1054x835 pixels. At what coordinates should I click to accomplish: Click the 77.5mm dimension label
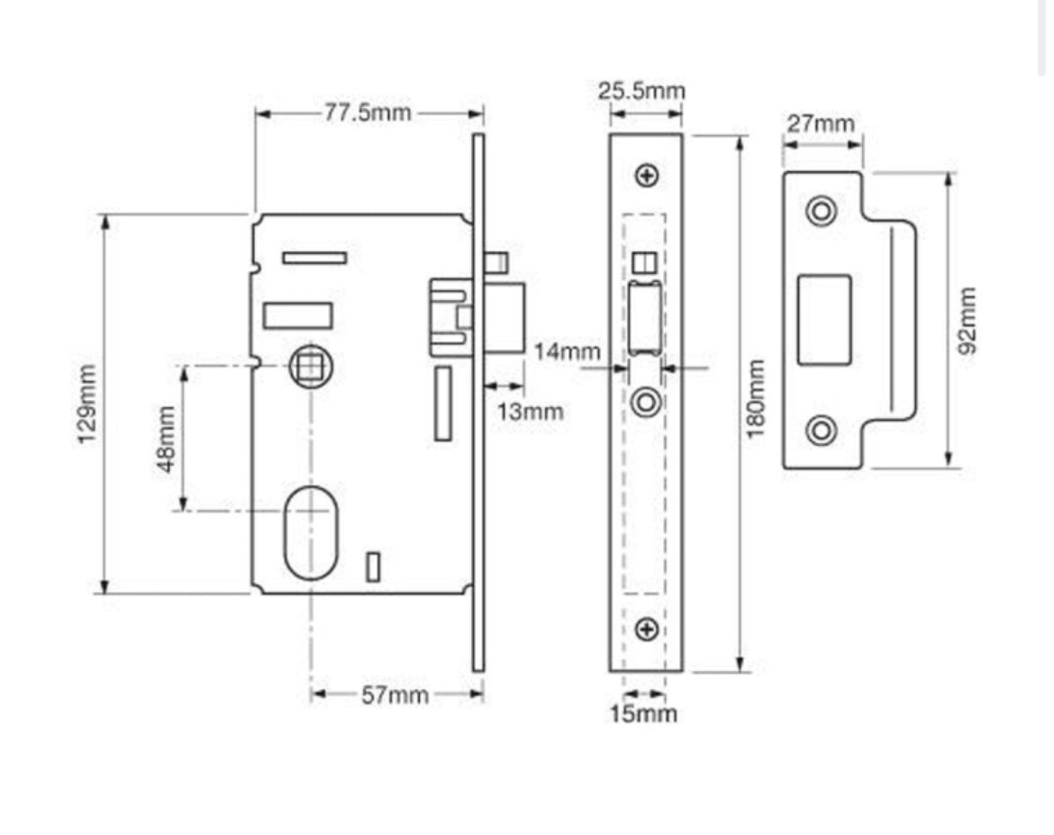click(367, 113)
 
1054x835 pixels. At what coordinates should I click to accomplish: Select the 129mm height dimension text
click(86, 404)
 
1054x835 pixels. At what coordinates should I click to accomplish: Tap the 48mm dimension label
click(167, 439)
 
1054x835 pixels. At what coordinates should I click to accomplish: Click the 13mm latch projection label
click(532, 412)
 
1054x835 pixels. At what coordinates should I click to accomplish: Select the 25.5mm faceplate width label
click(641, 91)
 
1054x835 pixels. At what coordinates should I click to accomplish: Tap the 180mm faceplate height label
click(756, 400)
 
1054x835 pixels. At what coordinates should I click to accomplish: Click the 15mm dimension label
click(643, 714)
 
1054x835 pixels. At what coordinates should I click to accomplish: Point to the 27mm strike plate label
click(821, 123)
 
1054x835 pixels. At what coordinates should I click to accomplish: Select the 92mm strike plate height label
click(967, 321)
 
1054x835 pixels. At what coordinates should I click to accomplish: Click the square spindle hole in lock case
click(311, 367)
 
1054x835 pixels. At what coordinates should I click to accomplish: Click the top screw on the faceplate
click(646, 176)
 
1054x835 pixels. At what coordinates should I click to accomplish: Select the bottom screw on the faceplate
click(646, 629)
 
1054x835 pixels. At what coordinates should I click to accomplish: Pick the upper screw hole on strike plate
click(821, 211)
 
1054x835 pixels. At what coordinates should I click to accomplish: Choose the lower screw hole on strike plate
click(821, 430)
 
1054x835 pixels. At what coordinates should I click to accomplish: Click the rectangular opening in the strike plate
click(824, 320)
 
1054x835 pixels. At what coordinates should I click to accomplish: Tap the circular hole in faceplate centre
click(646, 402)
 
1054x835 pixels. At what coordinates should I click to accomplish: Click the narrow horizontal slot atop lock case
click(314, 259)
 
